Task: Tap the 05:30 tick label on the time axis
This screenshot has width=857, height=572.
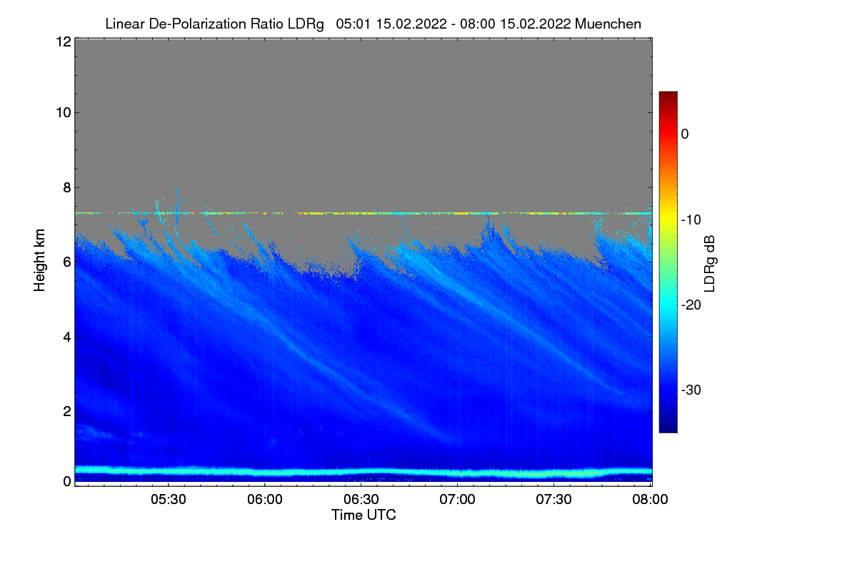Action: tap(169, 500)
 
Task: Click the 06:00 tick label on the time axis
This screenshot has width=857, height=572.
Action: tap(265, 500)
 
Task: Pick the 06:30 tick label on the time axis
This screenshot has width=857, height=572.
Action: tap(361, 500)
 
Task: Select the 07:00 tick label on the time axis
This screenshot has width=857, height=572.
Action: tap(458, 500)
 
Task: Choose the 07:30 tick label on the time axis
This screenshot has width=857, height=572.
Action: tap(554, 500)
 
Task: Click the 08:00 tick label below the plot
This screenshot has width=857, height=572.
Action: tap(651, 500)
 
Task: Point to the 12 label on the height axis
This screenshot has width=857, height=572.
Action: tap(62, 41)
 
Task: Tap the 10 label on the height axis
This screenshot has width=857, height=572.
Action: tap(62, 112)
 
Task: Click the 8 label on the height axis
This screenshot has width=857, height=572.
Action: tap(66, 188)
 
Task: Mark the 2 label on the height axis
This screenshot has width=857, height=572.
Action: tap(66, 410)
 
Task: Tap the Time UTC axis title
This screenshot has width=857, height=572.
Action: tap(364, 515)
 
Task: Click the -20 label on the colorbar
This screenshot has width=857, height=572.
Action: tap(690, 305)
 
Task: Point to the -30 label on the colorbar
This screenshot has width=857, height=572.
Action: tap(690, 390)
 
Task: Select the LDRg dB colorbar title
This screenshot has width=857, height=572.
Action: tap(709, 262)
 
